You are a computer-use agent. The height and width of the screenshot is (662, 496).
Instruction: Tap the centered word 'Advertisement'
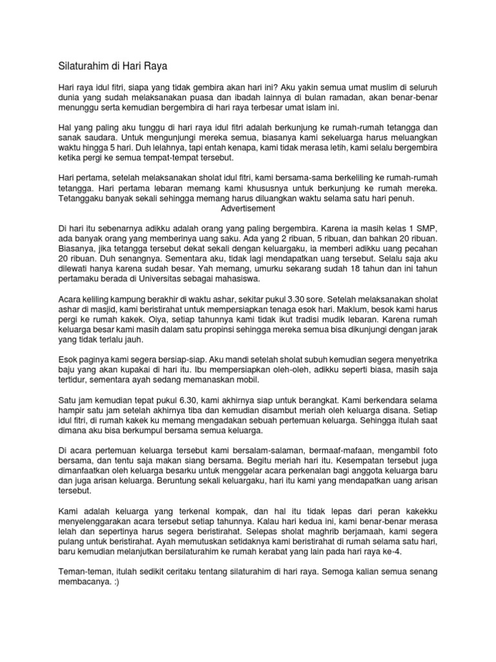[248, 209]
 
